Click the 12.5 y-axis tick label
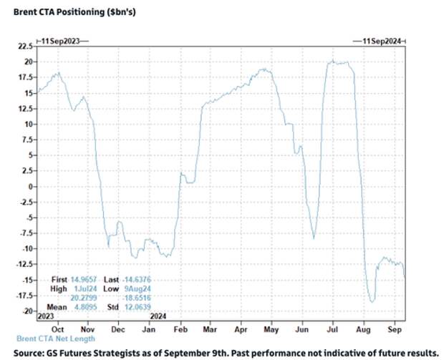click(x=26, y=108)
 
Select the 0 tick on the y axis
click(x=30, y=187)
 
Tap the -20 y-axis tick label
click(x=27, y=311)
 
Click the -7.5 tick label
click(x=26, y=233)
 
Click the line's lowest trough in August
click(x=372, y=301)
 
